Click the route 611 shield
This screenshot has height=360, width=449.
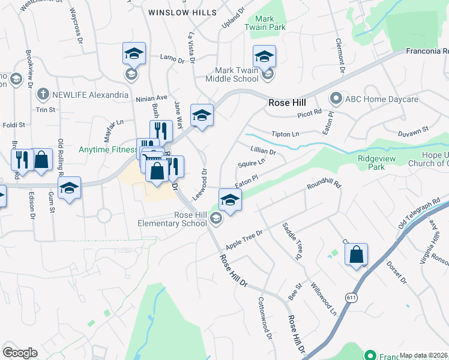point(352,297)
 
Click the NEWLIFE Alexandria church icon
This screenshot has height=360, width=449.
point(43,95)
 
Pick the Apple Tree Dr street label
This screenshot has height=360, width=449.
point(244,240)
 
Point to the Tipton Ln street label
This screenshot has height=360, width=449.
point(285,134)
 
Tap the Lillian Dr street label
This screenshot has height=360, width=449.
point(263,150)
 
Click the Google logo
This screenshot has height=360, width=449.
point(20,352)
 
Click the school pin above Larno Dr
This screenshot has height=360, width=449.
point(134,54)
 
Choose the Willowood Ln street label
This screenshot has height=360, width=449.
point(324,298)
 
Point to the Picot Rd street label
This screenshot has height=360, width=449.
point(310,112)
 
